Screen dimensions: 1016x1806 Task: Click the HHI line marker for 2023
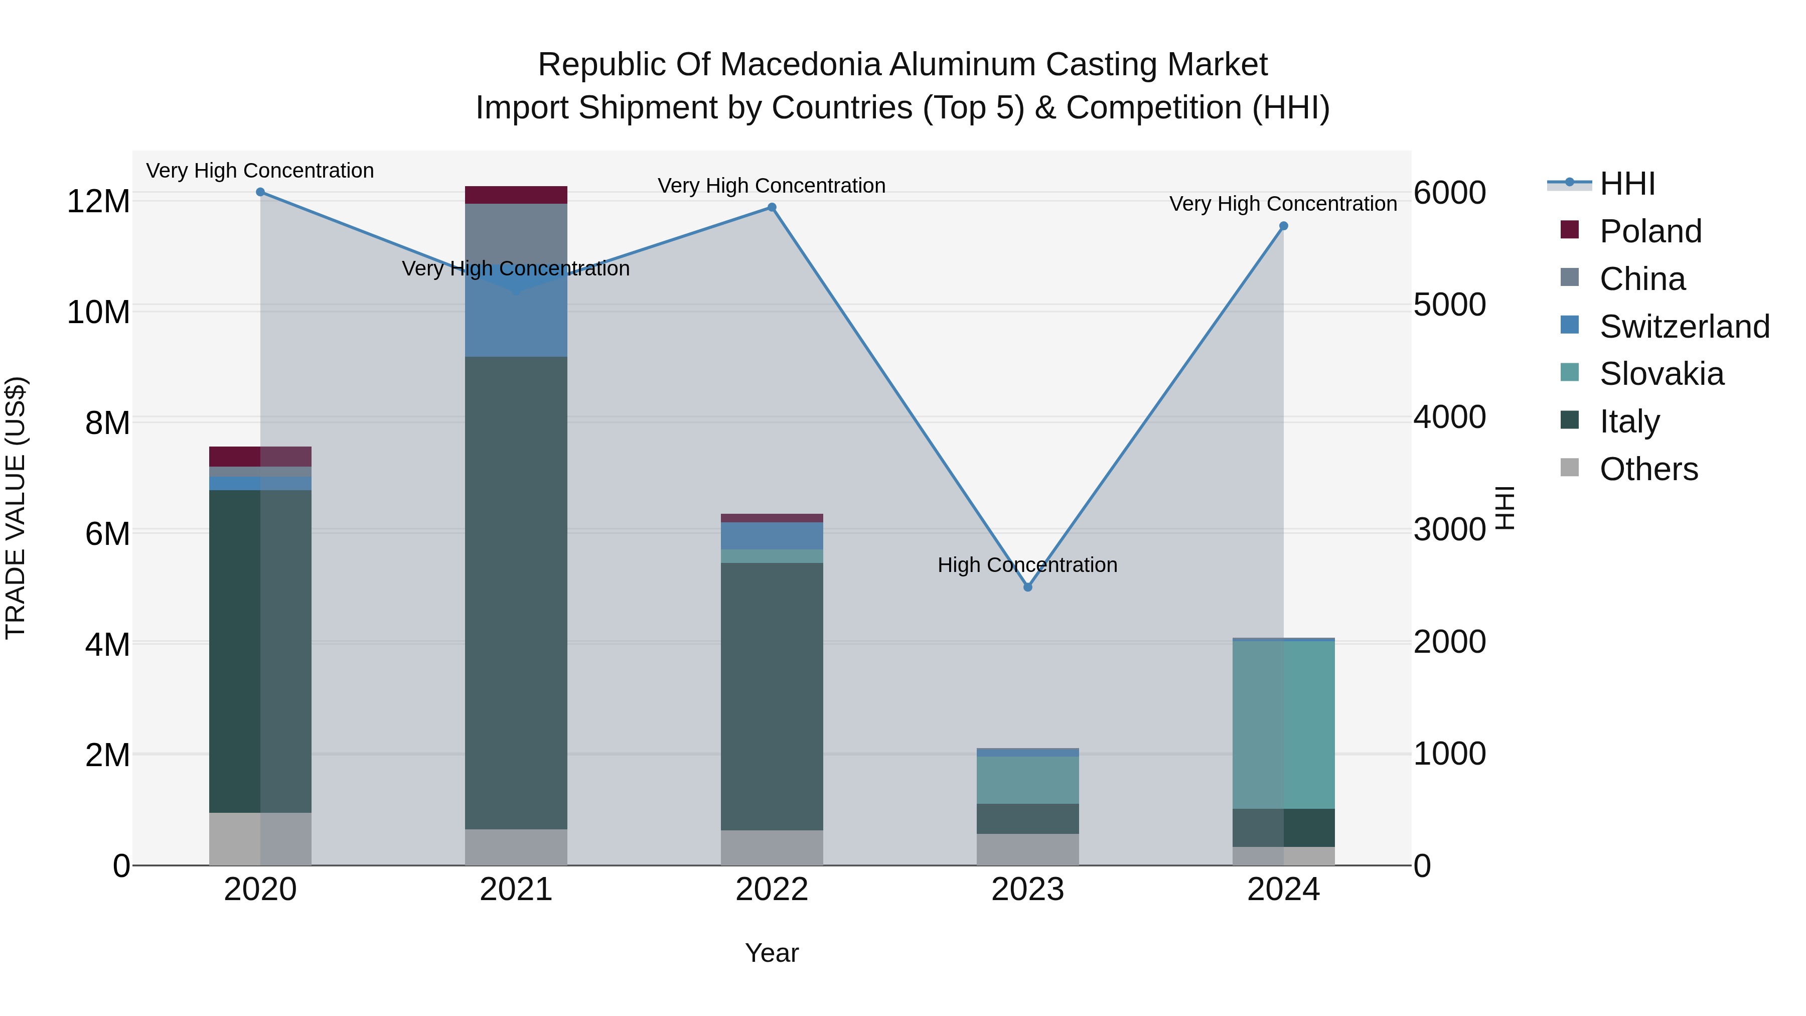[x=1028, y=587]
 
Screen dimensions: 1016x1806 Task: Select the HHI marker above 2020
[x=260, y=192]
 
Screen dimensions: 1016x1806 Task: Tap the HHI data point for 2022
[x=772, y=208]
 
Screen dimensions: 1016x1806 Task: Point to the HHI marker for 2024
[x=1284, y=226]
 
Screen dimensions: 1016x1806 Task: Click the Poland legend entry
[x=1650, y=231]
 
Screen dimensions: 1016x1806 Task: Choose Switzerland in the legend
[x=1684, y=327]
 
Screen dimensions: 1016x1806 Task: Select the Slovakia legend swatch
[x=1570, y=373]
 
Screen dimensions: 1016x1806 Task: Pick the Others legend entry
[x=1648, y=469]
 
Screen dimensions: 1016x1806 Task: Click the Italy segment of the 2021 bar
[x=516, y=593]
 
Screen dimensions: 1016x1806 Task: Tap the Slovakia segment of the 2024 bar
[x=1284, y=724]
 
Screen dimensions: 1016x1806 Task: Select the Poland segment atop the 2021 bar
[x=516, y=195]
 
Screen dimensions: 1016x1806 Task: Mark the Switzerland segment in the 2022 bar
[x=772, y=536]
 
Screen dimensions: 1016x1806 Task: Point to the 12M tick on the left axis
[x=98, y=202]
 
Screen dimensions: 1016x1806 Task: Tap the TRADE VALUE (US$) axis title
[x=16, y=508]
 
